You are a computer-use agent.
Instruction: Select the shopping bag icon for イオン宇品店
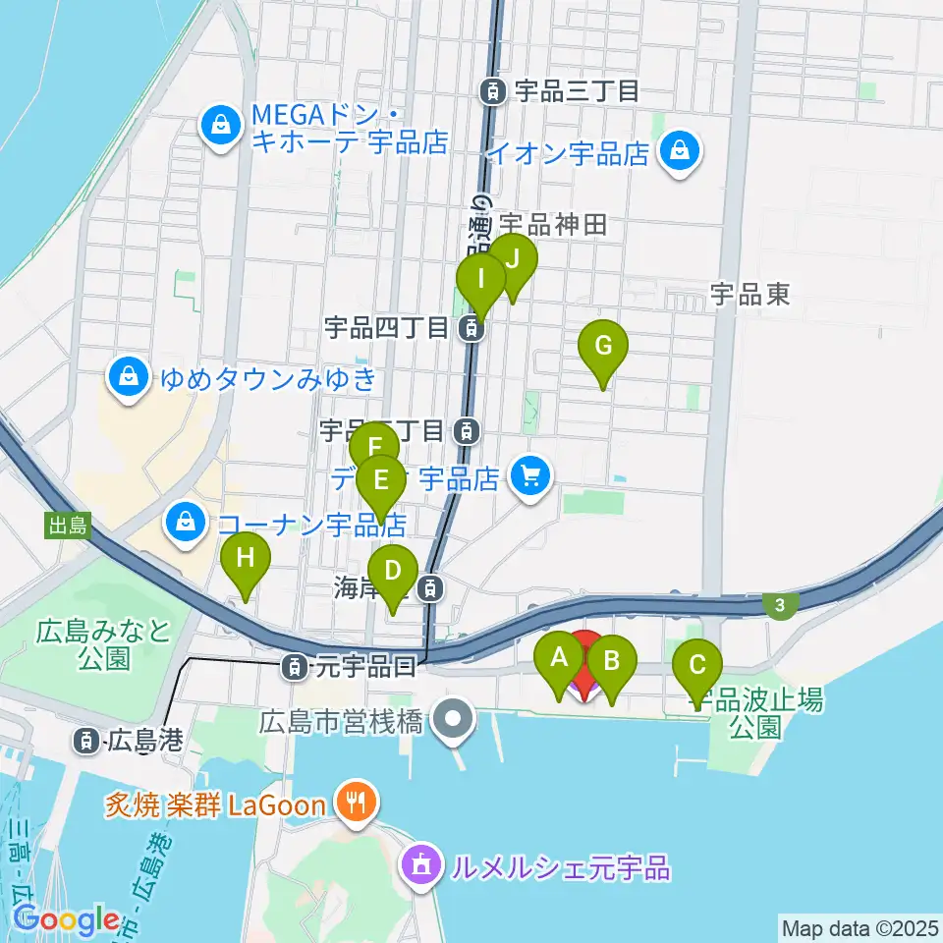679,151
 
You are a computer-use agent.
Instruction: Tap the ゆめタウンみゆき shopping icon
129,377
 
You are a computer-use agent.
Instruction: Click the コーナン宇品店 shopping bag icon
186,522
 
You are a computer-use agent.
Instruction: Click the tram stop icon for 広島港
88,740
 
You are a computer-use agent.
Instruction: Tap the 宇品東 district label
750,293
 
